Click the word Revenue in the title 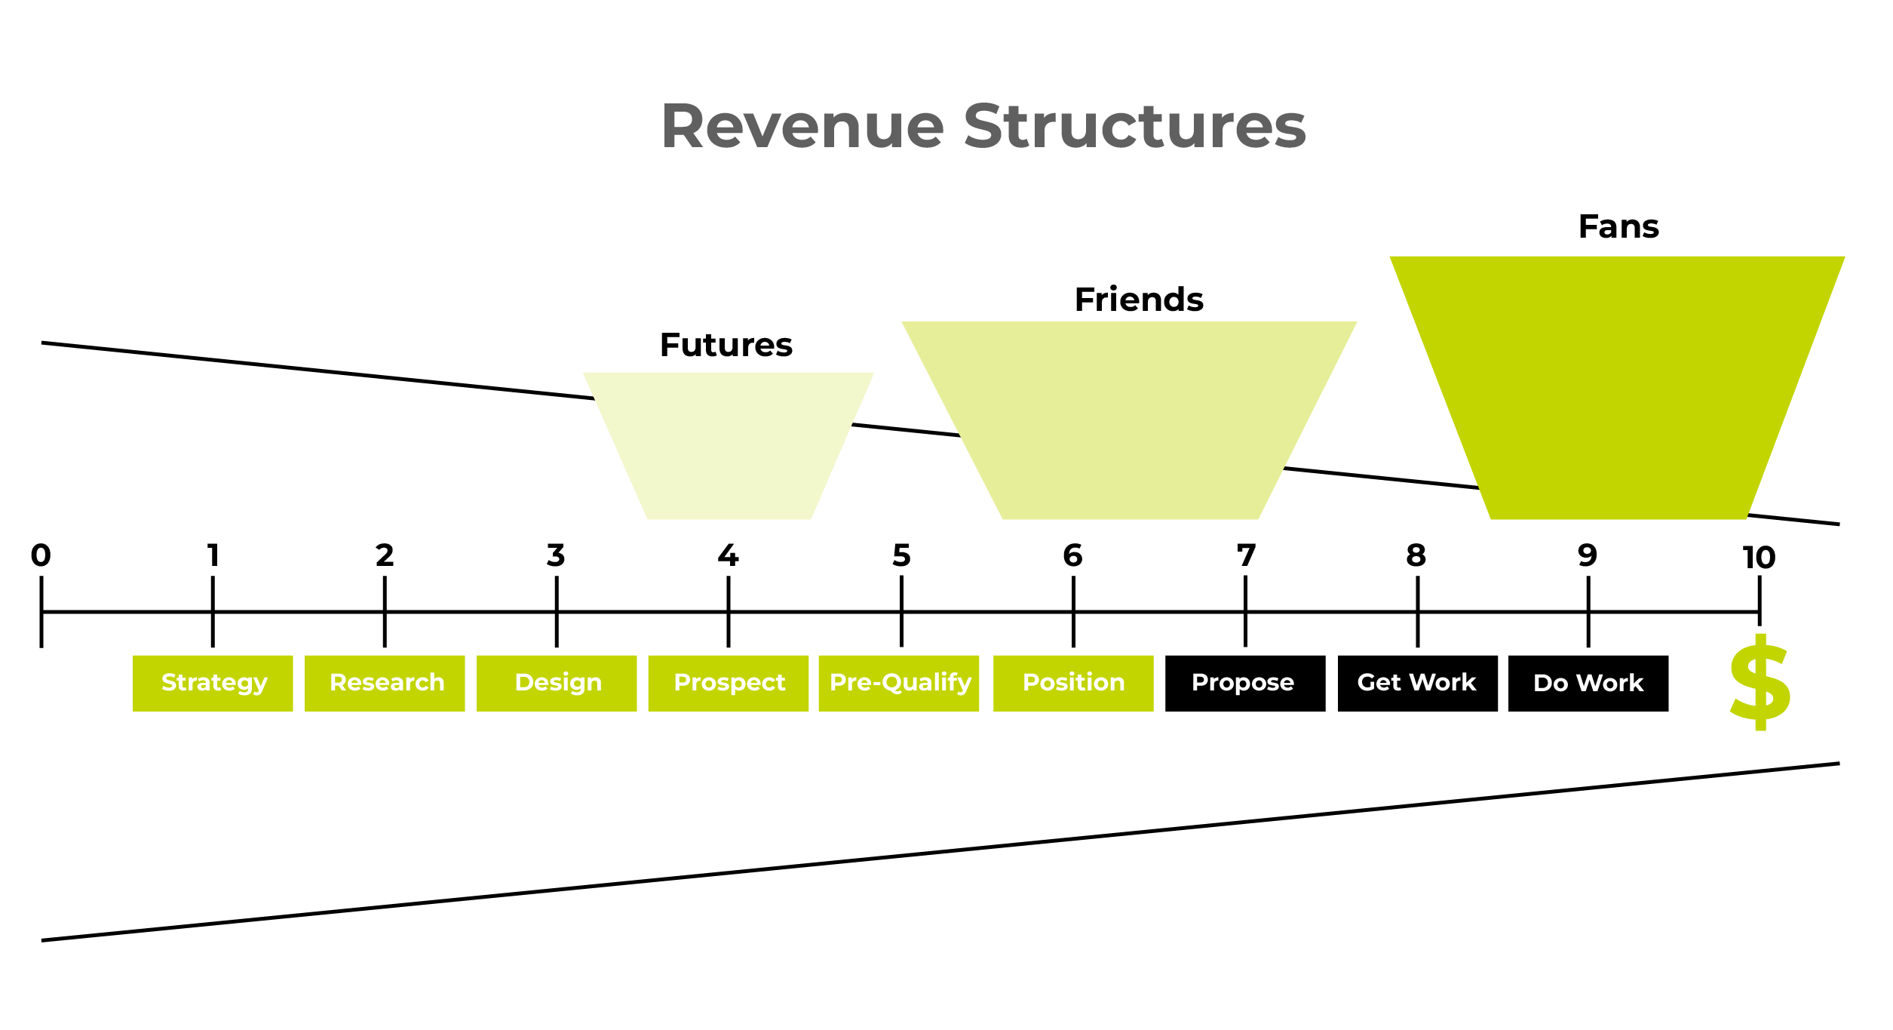[802, 127]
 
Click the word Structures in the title [1134, 127]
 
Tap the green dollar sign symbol [1760, 682]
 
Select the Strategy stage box [213, 683]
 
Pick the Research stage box [385, 683]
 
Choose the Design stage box [557, 683]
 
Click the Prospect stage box [729, 683]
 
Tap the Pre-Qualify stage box [899, 683]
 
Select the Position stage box [1073, 683]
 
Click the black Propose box [1245, 683]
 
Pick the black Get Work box [1418, 683]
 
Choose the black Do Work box [1588, 683]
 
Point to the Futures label [726, 345]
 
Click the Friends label [1139, 300]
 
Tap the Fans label [1618, 226]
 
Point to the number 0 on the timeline [41, 555]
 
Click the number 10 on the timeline [1759, 558]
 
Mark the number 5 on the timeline [901, 555]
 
